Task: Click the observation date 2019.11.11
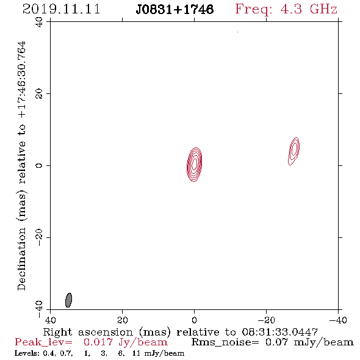pyautogui.click(x=61, y=9)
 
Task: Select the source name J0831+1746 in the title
pyautogui.click(x=175, y=10)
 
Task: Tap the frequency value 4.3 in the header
pyautogui.click(x=291, y=9)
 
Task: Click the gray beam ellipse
pyautogui.click(x=68, y=300)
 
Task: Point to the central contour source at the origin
pyautogui.click(x=194, y=164)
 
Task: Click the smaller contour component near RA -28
pyautogui.click(x=294, y=151)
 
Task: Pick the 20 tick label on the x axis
pyautogui.click(x=122, y=320)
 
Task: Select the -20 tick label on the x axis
pyautogui.click(x=266, y=320)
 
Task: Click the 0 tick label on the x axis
pyautogui.click(x=194, y=320)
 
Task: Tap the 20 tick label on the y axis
pyautogui.click(x=39, y=94)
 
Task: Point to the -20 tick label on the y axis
pyautogui.click(x=39, y=237)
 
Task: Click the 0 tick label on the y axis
pyautogui.click(x=39, y=165)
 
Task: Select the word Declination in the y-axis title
pyautogui.click(x=21, y=259)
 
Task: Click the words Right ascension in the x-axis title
pyautogui.click(x=88, y=332)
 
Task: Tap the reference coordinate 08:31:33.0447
pyautogui.click(x=280, y=332)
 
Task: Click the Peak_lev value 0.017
pyautogui.click(x=98, y=342)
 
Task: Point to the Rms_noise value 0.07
pyautogui.click(x=276, y=342)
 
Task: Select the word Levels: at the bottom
pyautogui.click(x=27, y=353)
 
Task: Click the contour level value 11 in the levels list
pyautogui.click(x=136, y=353)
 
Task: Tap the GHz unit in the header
pyautogui.click(x=323, y=9)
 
